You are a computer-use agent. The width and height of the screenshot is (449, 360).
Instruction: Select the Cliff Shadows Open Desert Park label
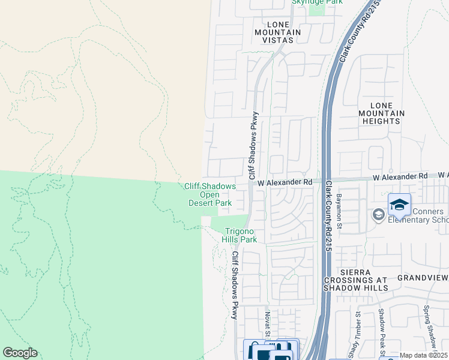[x=209, y=194]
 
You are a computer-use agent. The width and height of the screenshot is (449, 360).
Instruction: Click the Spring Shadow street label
[x=429, y=327]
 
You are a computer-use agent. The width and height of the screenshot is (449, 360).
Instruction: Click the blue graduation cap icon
[x=399, y=205]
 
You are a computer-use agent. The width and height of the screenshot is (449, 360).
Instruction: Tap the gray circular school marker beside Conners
[x=379, y=214]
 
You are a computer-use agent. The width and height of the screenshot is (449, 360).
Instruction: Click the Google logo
[x=20, y=353]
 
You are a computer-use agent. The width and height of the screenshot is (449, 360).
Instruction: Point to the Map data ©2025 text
[x=424, y=355]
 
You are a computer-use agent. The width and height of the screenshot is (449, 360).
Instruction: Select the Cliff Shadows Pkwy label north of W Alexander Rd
[x=253, y=146]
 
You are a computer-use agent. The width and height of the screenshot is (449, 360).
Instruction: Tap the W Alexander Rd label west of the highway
[x=285, y=182]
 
